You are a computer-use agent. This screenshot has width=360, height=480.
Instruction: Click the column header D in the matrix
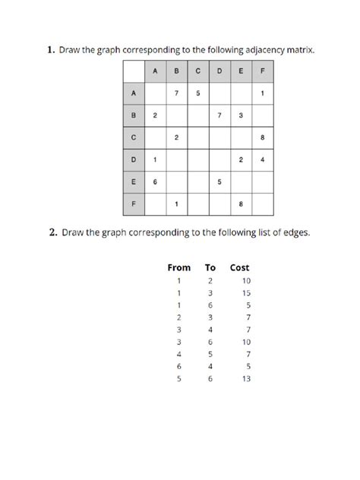tap(219, 72)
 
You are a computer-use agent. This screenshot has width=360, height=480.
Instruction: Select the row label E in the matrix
tap(133, 182)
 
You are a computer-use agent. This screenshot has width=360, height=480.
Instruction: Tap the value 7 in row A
tap(176, 94)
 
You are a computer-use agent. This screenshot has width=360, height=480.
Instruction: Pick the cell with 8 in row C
tap(261, 138)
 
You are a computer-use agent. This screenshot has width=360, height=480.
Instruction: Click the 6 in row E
tap(155, 182)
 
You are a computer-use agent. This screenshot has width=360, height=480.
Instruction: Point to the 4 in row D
tap(261, 160)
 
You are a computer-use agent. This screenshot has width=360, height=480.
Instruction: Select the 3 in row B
tap(240, 116)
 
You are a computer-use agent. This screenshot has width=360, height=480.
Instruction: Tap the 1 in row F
tap(176, 204)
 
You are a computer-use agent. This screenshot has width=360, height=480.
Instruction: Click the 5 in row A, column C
tap(197, 94)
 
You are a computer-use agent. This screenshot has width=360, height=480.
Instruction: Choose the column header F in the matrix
tap(261, 72)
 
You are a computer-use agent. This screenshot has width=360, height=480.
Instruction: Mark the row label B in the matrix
tap(133, 116)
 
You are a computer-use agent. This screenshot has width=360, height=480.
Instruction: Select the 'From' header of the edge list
tap(179, 268)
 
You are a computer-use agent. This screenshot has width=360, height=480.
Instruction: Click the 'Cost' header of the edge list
tap(239, 268)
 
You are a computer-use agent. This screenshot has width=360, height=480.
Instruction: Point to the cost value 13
tap(245, 379)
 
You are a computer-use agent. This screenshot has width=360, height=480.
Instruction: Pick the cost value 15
tap(245, 293)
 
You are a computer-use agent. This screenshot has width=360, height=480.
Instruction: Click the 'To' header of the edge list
tap(210, 268)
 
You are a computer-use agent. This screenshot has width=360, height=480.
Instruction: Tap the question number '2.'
tap(54, 233)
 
